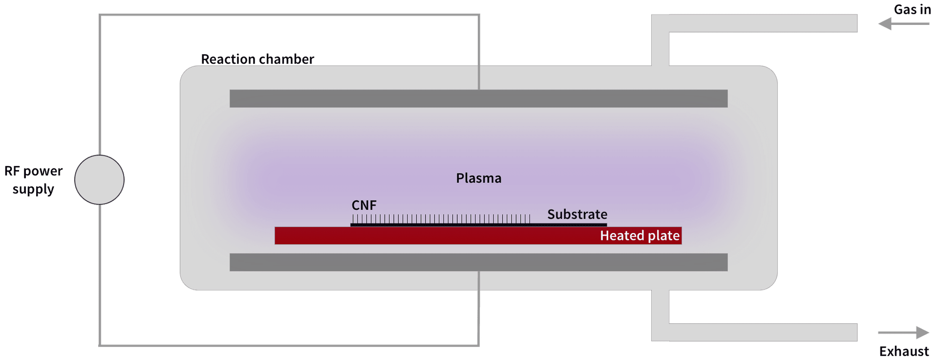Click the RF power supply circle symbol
pyautogui.click(x=99, y=180)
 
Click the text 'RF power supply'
pyautogui.click(x=33, y=180)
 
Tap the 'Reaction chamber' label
pyautogui.click(x=257, y=59)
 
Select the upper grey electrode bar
pyautogui.click(x=478, y=99)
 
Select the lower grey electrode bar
pyautogui.click(x=478, y=262)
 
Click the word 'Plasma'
pyautogui.click(x=478, y=178)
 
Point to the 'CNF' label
pyautogui.click(x=364, y=205)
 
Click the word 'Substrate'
pyautogui.click(x=577, y=214)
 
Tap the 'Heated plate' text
pyautogui.click(x=640, y=236)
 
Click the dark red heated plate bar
pyautogui.click(x=430, y=236)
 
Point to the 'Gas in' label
pyautogui.click(x=912, y=10)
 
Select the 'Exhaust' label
pyautogui.click(x=904, y=351)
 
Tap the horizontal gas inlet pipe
pyautogui.click(x=762, y=23)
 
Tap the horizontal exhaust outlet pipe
pyautogui.click(x=762, y=332)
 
